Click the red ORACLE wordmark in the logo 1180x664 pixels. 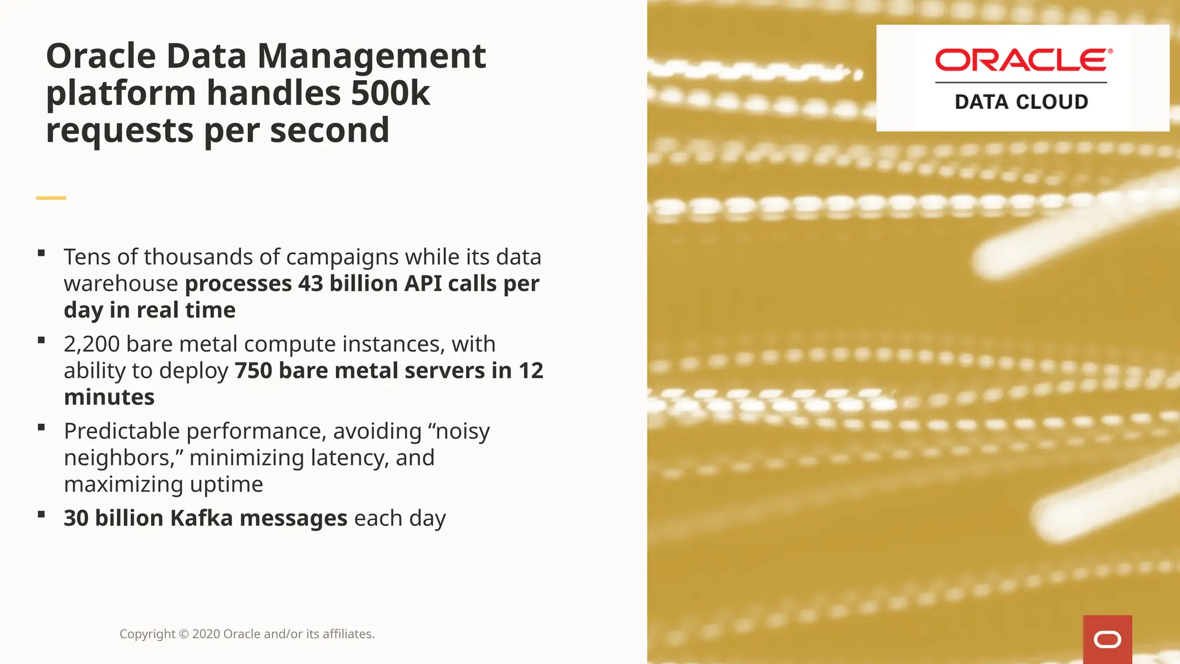point(1023,60)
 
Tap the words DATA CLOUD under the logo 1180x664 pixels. point(1021,102)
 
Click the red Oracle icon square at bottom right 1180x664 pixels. point(1107,639)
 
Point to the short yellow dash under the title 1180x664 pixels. point(51,198)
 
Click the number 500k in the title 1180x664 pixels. point(390,93)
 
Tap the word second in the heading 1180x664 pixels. point(330,130)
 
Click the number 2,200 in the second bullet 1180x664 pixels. point(92,344)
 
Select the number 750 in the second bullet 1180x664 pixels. point(253,371)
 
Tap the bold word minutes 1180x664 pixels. point(109,397)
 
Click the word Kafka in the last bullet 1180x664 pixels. point(201,518)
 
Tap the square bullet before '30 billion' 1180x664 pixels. point(41,514)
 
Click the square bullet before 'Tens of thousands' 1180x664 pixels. point(41,253)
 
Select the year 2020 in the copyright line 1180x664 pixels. point(206,634)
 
